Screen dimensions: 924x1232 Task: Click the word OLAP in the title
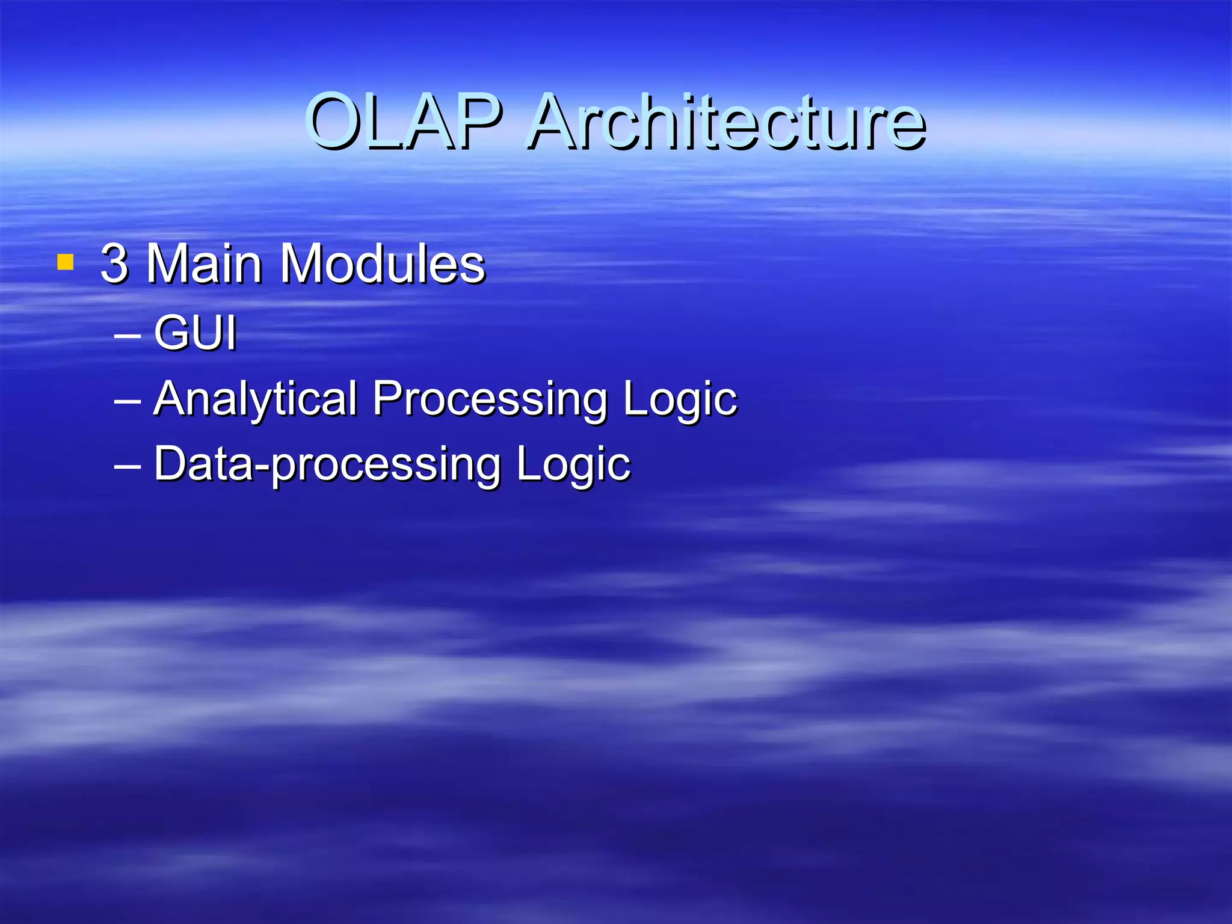click(x=404, y=122)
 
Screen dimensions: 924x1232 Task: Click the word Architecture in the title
click(x=727, y=122)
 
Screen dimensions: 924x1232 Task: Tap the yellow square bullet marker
click(x=65, y=263)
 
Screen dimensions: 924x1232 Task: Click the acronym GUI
click(x=195, y=332)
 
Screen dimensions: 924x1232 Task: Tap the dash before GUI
click(x=128, y=334)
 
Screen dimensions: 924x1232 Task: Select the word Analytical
click(x=256, y=398)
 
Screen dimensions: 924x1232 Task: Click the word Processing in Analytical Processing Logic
click(x=490, y=398)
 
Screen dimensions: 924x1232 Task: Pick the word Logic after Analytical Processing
click(x=680, y=398)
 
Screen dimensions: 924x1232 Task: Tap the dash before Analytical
click(x=128, y=399)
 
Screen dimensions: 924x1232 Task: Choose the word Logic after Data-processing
click(x=573, y=464)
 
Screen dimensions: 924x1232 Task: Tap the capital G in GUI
click(x=172, y=332)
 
